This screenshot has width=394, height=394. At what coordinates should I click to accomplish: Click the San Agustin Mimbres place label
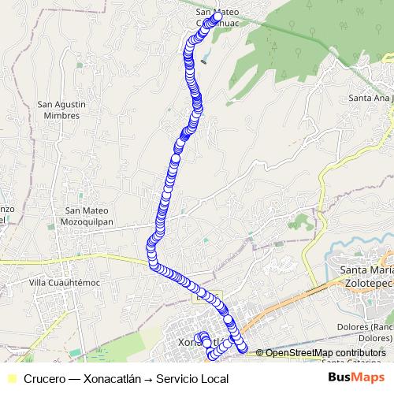pos(61,110)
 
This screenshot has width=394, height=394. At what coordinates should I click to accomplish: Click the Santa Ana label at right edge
pos(370,98)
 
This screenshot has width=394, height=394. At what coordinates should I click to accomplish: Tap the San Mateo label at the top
pos(216,12)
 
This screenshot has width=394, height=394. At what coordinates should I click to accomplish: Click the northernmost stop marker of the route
pos(217,17)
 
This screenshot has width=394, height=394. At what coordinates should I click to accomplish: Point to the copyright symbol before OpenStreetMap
pos(260,353)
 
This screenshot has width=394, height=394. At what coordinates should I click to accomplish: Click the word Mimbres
pos(61,115)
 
